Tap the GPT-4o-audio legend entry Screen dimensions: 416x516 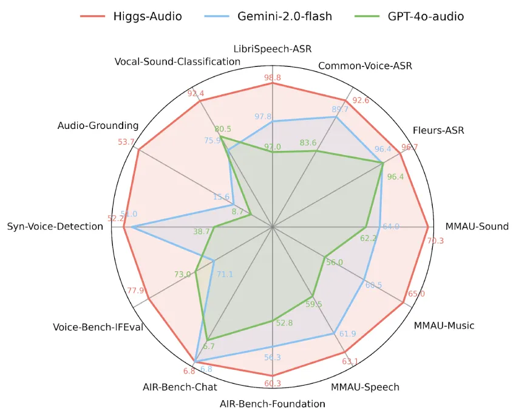pos(424,16)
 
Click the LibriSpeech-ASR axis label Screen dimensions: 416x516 pos(273,49)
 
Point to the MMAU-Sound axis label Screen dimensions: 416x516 pos(477,226)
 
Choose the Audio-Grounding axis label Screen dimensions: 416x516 pos(98,126)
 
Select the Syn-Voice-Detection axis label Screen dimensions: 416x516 pos(55,226)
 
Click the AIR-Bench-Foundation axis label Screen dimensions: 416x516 pos(273,403)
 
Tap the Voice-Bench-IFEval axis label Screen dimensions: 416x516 pos(98,327)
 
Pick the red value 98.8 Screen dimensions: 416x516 pos(273,78)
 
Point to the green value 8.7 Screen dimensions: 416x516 pos(238,212)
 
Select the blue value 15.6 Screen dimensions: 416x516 pos(222,197)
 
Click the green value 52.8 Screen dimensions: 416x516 pos(284,323)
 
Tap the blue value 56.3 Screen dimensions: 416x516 pos(273,358)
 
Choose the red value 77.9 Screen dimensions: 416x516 pos(135,290)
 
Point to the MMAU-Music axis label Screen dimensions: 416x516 pos(444,325)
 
